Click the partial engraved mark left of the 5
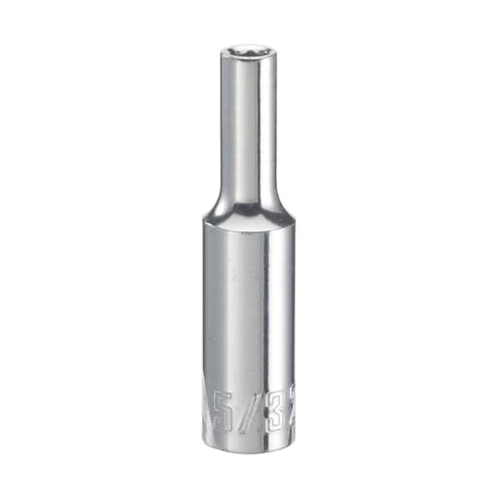[207, 399]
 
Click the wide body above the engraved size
[249, 311]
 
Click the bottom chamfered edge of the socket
[249, 445]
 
